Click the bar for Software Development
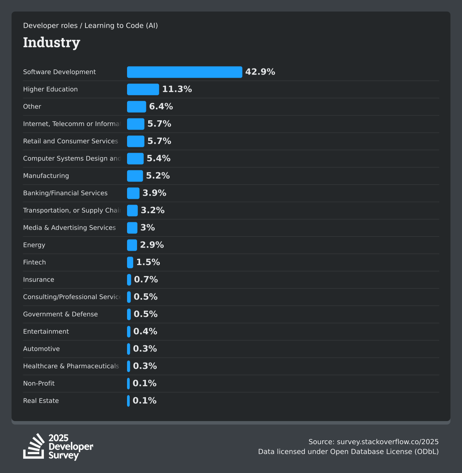tap(184, 72)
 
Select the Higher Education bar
tap(143, 89)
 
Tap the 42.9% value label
tap(260, 72)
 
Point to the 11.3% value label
tap(177, 89)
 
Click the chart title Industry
tap(52, 42)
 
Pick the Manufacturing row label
tap(46, 176)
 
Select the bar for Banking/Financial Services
tap(133, 193)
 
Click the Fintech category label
tap(34, 262)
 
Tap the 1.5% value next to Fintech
tap(148, 262)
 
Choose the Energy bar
tap(132, 245)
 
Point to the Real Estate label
tap(41, 401)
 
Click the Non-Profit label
tap(39, 383)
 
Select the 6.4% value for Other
tap(161, 107)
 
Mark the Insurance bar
tap(129, 280)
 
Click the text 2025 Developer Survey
tap(70, 446)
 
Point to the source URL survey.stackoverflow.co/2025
tap(387, 442)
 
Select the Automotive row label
tap(41, 349)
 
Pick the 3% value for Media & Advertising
tap(147, 228)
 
